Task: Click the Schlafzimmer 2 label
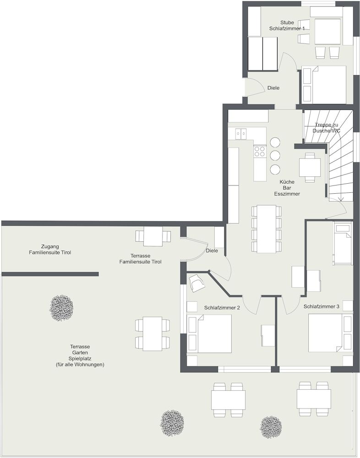pyautogui.click(x=222, y=308)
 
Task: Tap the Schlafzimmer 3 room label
pyautogui.click(x=322, y=306)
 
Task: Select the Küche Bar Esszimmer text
pyautogui.click(x=287, y=188)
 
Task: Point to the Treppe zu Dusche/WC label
pyautogui.click(x=327, y=128)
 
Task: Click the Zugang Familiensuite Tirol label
pyautogui.click(x=50, y=250)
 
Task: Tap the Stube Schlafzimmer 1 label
pyautogui.click(x=287, y=25)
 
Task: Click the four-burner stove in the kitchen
pyautogui.click(x=260, y=151)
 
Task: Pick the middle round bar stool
pyautogui.click(x=275, y=156)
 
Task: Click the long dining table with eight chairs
pyautogui.click(x=267, y=229)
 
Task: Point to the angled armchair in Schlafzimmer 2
pyautogui.click(x=196, y=283)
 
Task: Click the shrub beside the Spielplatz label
pyautogui.click(x=61, y=308)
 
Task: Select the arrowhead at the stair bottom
pyautogui.click(x=341, y=199)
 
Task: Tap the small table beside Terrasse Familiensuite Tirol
pyautogui.click(x=153, y=236)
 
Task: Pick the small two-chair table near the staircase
pyautogui.click(x=310, y=167)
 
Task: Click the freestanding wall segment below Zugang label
pyautogui.click(x=50, y=274)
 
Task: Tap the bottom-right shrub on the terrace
pyautogui.click(x=271, y=427)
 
